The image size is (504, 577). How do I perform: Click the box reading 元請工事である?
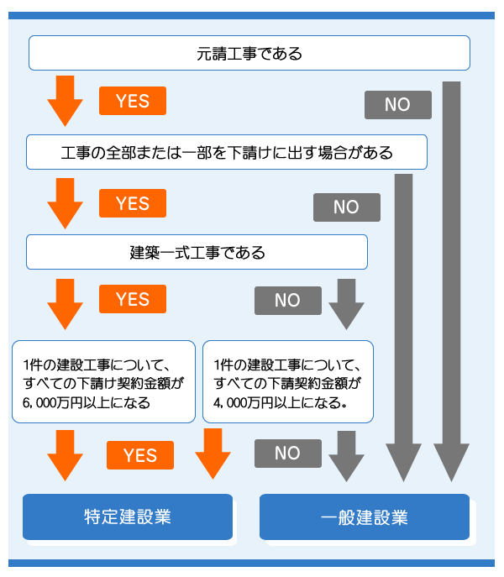pyautogui.click(x=249, y=54)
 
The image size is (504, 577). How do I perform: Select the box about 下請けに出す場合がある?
pyautogui.click(x=227, y=153)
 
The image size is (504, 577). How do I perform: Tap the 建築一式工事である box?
pyautogui.click(x=197, y=251)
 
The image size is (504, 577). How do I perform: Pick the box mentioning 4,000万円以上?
pyautogui.click(x=288, y=380)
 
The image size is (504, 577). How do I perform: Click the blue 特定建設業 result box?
pyautogui.click(x=128, y=516)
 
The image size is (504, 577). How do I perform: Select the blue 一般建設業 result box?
pyautogui.click(x=364, y=516)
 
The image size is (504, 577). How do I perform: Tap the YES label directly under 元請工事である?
pyautogui.click(x=132, y=102)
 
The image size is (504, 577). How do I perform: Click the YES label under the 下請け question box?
pyautogui.click(x=132, y=204)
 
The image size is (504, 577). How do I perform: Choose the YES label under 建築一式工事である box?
pyautogui.click(x=132, y=300)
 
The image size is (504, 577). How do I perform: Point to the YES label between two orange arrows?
pyautogui.click(x=140, y=455)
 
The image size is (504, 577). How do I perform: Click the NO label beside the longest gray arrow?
pyautogui.click(x=397, y=105)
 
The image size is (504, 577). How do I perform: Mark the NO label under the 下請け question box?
pyautogui.click(x=346, y=207)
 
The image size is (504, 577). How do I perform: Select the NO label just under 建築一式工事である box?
pyautogui.click(x=287, y=301)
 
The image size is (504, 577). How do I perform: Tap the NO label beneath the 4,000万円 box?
pyautogui.click(x=287, y=454)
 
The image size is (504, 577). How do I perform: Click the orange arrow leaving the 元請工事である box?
pyautogui.click(x=65, y=99)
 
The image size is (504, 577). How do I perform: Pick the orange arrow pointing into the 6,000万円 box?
pyautogui.click(x=65, y=304)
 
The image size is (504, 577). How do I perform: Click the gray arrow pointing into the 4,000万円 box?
pyautogui.click(x=346, y=304)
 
